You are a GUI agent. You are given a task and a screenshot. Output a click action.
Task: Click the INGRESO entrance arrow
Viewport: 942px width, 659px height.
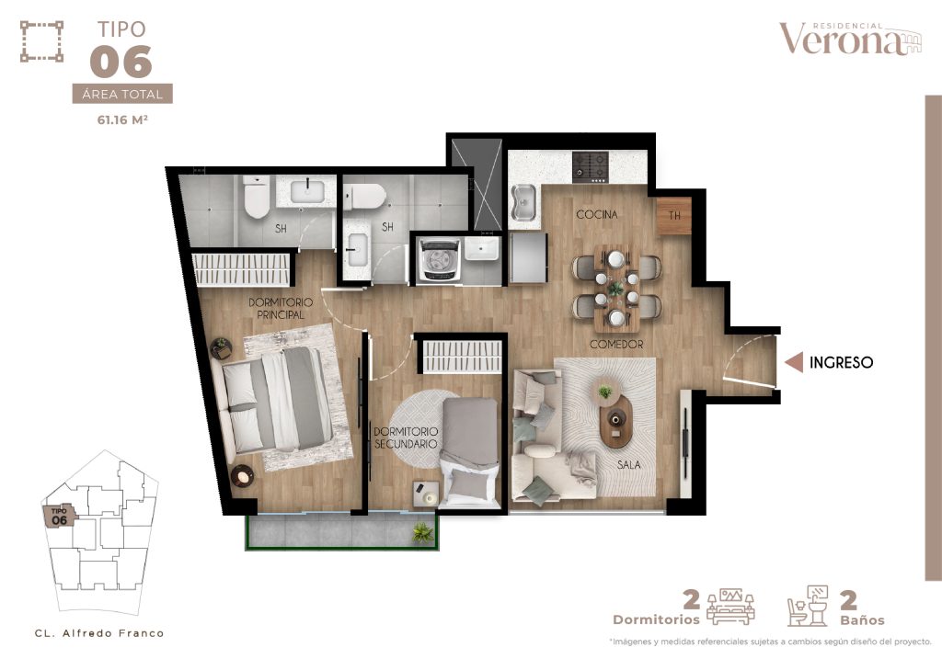coord(794,362)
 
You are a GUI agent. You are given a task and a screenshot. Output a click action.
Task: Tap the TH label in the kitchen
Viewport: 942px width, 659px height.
coord(674,215)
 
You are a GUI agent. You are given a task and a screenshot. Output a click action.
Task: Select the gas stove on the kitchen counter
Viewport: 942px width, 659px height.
coord(590,167)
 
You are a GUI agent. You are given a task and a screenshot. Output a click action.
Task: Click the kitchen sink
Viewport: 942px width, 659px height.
coord(523,203)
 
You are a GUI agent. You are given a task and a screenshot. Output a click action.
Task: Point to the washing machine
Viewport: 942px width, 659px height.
coord(440,259)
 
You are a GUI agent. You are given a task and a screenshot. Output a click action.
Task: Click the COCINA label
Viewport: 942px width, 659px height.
coord(596,214)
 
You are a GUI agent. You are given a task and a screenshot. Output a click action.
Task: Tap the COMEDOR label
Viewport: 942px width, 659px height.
coord(616,345)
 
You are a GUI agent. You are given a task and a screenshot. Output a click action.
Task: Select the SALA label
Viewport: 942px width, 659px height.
coord(628,464)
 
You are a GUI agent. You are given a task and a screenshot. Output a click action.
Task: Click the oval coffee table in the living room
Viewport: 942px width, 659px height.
coord(615,420)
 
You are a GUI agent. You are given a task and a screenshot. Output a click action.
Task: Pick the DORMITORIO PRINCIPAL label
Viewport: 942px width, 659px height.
coord(281,309)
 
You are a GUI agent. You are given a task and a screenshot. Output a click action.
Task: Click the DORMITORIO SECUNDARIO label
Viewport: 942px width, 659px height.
coord(406,438)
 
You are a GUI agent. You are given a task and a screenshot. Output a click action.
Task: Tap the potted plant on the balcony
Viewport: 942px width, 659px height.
coord(423,532)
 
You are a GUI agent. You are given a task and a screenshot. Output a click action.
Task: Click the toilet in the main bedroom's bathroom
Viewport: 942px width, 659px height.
coord(257,197)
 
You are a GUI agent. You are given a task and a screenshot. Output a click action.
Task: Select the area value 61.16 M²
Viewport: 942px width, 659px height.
coord(122,120)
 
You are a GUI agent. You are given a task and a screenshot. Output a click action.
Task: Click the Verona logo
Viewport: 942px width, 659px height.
coord(850,39)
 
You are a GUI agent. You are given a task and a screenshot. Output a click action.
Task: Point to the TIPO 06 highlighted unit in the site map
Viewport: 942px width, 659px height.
coord(60,516)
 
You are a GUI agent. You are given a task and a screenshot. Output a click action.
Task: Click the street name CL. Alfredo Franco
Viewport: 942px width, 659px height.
coord(99,633)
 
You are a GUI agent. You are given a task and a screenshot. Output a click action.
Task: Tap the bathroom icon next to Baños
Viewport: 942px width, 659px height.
coord(808,607)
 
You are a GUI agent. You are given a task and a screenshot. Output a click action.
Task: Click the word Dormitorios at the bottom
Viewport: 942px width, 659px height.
coord(656,619)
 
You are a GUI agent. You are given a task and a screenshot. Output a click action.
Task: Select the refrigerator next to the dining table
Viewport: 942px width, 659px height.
coord(529,257)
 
